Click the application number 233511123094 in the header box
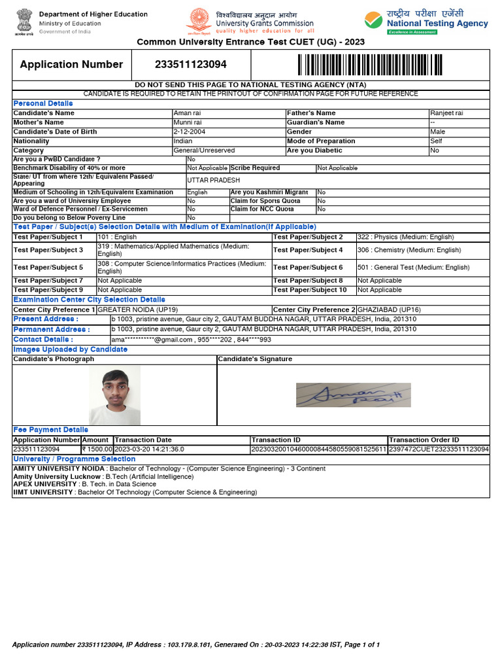pos(191,64)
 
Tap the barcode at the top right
pos(370,65)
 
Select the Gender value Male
pos(437,132)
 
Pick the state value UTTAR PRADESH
pos(214,180)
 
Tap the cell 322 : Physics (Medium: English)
pos(405,237)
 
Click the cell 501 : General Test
pos(413,267)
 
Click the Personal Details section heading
pos(43,103)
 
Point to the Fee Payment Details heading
pos(50,430)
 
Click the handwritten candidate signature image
pos(353,395)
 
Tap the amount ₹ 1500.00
pos(97,450)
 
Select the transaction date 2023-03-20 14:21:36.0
pos(150,450)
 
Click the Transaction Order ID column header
pos(424,440)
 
